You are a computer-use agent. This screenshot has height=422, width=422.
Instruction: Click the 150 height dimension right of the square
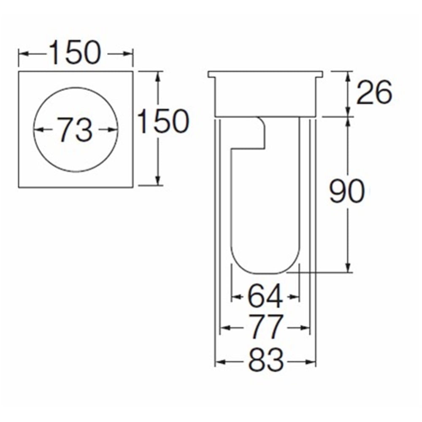pyautogui.click(x=163, y=121)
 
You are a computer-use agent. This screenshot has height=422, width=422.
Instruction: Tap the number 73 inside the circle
pyautogui.click(x=76, y=130)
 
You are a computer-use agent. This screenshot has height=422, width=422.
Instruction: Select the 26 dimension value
pyautogui.click(x=374, y=92)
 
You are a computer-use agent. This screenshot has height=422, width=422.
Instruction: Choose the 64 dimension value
pyautogui.click(x=265, y=296)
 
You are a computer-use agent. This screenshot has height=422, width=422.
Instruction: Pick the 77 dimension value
pyautogui.click(x=265, y=327)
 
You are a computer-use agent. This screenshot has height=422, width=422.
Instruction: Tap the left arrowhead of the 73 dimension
pyautogui.click(x=39, y=130)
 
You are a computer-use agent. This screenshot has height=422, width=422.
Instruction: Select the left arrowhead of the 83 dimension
pyautogui.click(x=220, y=362)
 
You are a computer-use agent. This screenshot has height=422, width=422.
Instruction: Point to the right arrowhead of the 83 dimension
pyautogui.click(x=311, y=362)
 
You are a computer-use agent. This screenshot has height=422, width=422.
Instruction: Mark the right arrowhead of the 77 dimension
pyautogui.click(x=305, y=328)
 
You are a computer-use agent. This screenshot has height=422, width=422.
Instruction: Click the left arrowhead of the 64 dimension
pyautogui.click(x=237, y=297)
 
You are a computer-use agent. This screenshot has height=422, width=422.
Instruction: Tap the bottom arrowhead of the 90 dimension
pyautogui.click(x=348, y=267)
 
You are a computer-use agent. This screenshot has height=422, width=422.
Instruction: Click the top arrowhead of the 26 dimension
pyautogui.click(x=348, y=77)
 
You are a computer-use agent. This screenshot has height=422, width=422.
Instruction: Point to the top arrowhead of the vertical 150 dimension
pyautogui.click(x=158, y=77)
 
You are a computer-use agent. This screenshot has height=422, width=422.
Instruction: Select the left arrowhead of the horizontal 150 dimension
pyautogui.click(x=24, y=54)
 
